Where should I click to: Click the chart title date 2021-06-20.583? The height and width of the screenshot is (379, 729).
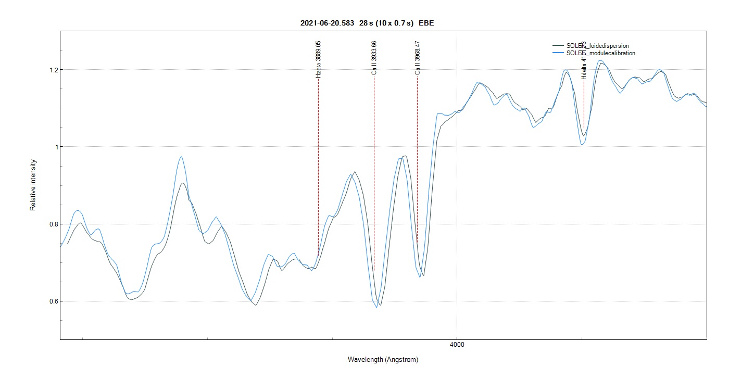[328, 23]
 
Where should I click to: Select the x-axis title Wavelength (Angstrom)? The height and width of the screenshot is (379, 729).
[383, 360]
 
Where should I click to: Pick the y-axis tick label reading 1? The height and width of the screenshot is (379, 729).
[54, 147]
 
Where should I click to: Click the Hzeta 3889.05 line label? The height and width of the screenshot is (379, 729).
[318, 59]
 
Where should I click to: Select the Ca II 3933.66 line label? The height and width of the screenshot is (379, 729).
[374, 58]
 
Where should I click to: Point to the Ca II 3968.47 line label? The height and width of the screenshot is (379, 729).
[417, 58]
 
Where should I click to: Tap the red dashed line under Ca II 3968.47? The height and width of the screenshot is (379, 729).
[417, 156]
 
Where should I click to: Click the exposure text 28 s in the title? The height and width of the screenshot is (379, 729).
[367, 23]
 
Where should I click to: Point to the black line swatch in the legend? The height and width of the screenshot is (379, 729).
[558, 46]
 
